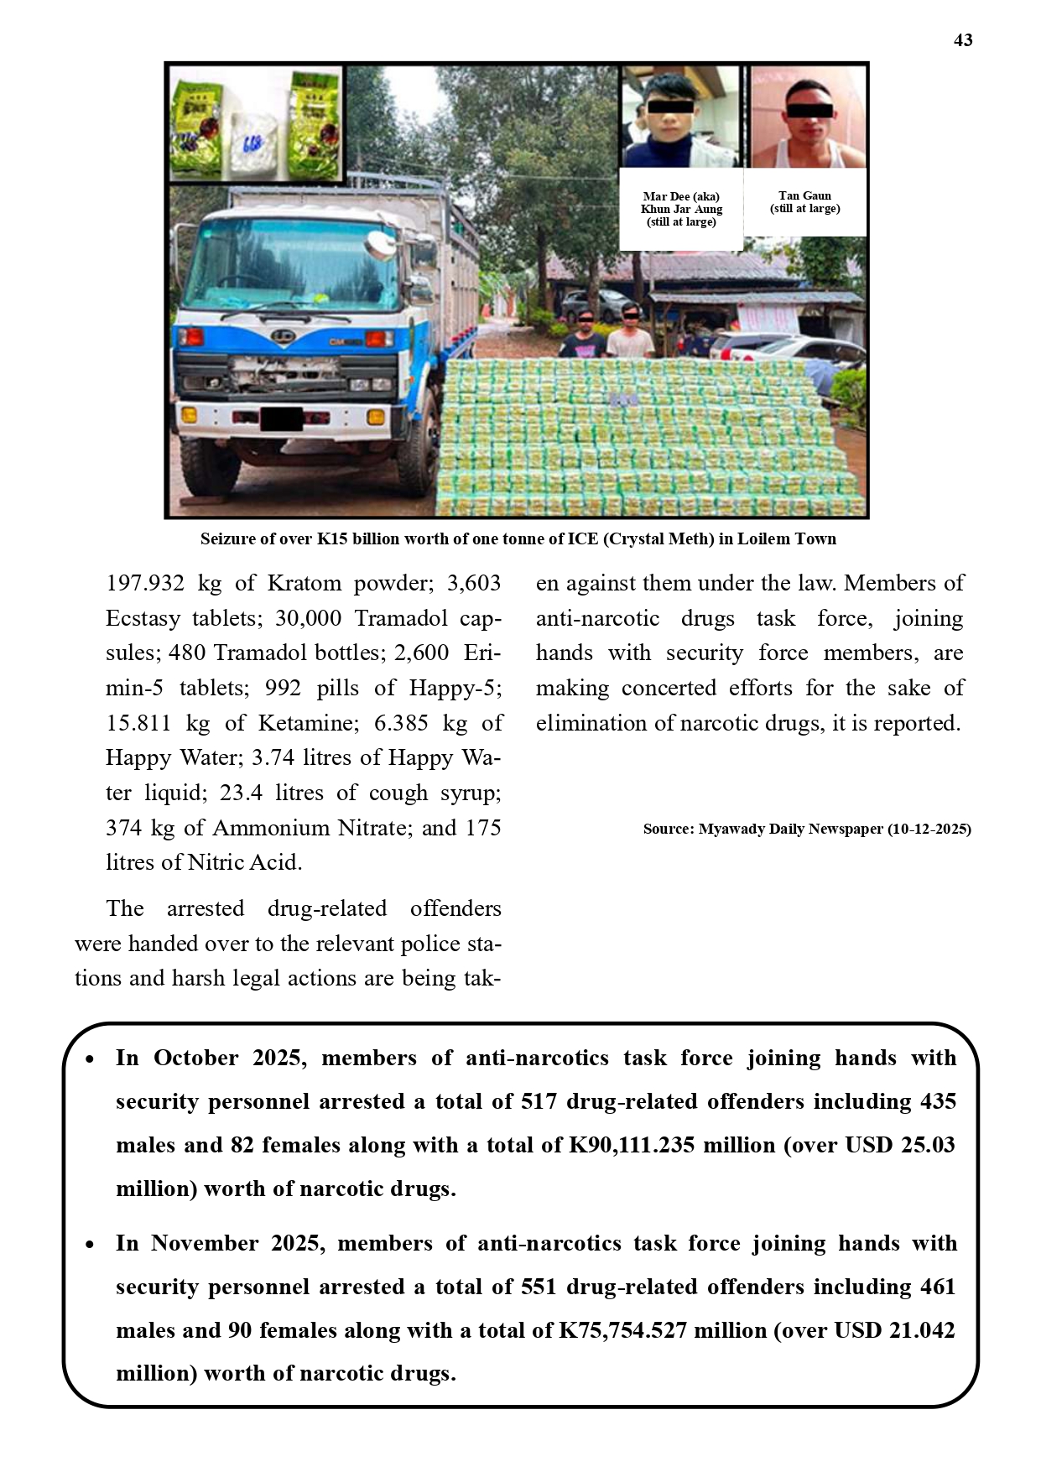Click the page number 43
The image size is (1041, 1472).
tap(963, 40)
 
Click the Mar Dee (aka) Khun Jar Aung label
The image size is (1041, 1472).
tap(681, 209)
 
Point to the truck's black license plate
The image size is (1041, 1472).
tap(281, 419)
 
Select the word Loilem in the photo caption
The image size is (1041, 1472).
tap(764, 538)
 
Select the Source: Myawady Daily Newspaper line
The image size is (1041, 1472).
tap(807, 829)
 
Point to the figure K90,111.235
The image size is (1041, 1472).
tap(632, 1146)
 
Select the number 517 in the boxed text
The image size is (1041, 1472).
tap(539, 1102)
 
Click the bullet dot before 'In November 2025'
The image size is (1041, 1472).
tap(90, 1246)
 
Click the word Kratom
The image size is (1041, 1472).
tap(306, 583)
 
